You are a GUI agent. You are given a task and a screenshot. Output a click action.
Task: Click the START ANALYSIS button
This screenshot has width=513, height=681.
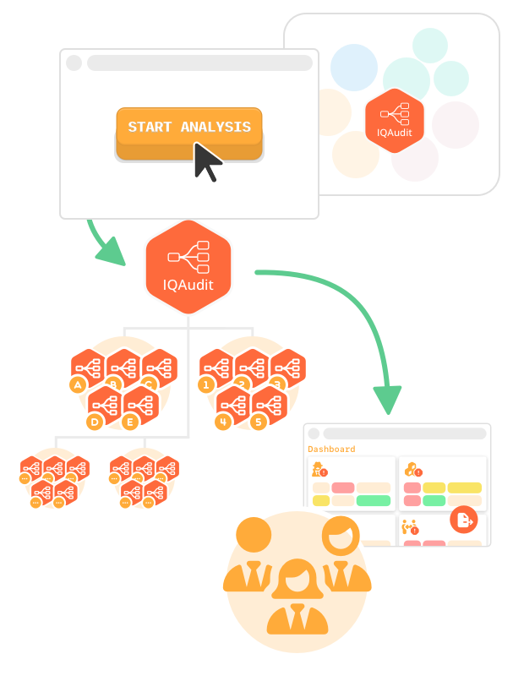189,128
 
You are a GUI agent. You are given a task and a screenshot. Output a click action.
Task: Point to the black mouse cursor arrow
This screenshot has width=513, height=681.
206,161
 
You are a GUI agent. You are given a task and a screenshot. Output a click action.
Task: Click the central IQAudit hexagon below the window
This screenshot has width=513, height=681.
188,264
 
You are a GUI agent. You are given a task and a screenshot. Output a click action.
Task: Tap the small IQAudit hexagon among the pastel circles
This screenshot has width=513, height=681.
393,120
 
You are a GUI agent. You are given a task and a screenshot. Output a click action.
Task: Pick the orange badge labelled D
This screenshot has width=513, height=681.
95,420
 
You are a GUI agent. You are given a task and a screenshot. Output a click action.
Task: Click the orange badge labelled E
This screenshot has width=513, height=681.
130,421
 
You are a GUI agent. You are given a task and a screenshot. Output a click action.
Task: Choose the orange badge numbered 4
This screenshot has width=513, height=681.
223,420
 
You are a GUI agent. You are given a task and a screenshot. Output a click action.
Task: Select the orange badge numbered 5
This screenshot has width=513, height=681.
258,421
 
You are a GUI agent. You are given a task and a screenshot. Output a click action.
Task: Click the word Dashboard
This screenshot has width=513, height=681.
331,449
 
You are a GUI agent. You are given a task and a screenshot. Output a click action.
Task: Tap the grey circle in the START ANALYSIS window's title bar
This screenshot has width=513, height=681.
74,63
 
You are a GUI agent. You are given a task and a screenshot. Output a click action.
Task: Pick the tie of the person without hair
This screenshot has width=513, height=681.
254,576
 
